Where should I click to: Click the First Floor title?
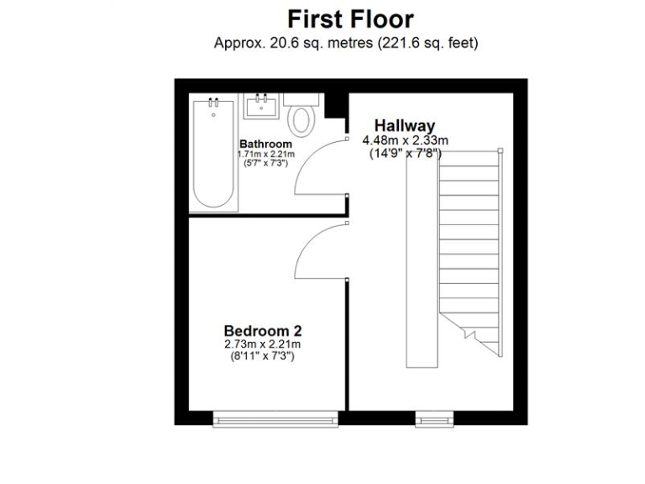tap(350, 18)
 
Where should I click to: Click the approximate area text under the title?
tap(346, 42)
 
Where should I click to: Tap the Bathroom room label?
tap(265, 145)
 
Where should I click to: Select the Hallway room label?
tap(405, 125)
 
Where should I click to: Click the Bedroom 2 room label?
tap(262, 329)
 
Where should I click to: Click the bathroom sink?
tap(263, 105)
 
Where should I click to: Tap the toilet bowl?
tap(302, 121)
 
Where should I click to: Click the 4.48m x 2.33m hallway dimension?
tap(405, 140)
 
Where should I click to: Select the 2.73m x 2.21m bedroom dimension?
tap(262, 345)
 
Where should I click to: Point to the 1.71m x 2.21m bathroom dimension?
tap(265, 155)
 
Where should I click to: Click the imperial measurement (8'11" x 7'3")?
tap(262, 356)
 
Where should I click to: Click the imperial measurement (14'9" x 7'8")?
tap(405, 153)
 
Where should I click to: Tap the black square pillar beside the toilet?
tap(336, 106)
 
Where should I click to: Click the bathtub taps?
tap(212, 104)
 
